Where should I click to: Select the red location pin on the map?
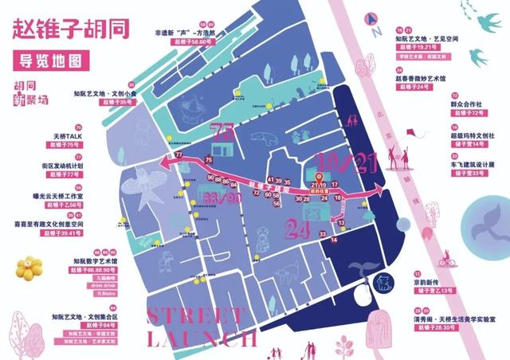pos(320,178)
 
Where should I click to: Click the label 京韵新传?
pos(420,283)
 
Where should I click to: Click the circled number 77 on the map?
pos(179,154)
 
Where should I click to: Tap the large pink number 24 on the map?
pos(296,230)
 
